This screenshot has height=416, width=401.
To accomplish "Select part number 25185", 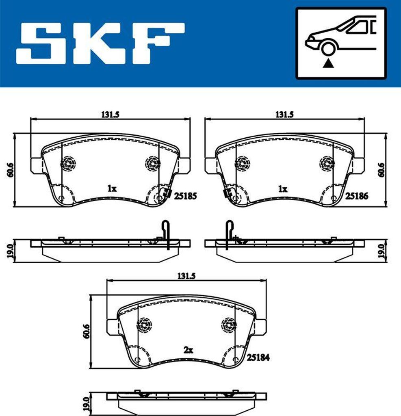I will click(185, 196).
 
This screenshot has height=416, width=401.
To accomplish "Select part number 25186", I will click(356, 196).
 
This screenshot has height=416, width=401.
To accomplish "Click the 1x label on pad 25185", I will click(112, 188).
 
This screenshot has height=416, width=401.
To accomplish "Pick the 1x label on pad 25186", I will click(282, 188).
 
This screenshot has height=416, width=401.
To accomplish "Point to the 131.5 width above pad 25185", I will click(110, 115).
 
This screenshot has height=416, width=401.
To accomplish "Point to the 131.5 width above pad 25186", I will click(284, 115).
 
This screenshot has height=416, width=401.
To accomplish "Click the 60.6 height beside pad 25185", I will click(9, 169).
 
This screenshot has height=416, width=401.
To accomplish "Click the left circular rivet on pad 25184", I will click(144, 324).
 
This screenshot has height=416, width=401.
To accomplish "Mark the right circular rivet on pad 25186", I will click(326, 163).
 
